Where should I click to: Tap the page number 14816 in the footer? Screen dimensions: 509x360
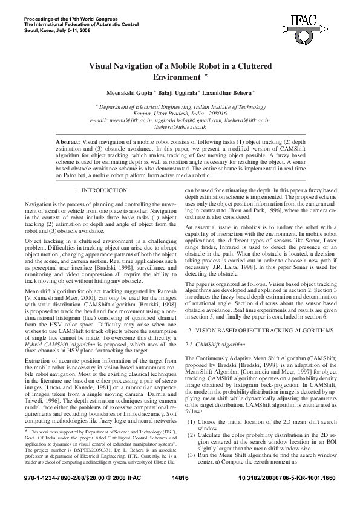click(181, 494)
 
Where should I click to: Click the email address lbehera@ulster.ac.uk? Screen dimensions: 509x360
click(180, 127)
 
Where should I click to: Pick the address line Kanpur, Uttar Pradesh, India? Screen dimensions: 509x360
click(180, 113)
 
